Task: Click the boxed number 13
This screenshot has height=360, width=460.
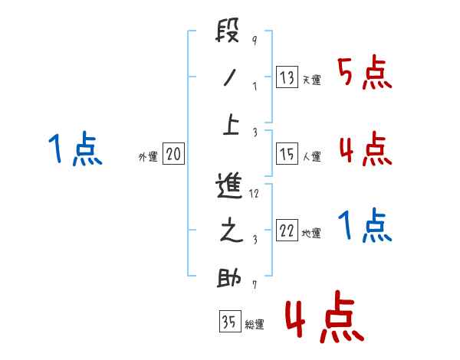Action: (287, 77)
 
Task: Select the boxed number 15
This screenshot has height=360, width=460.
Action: (287, 155)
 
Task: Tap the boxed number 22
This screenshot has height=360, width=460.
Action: (287, 231)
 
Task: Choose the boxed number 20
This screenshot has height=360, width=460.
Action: (173, 155)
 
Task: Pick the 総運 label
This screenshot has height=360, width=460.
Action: (255, 324)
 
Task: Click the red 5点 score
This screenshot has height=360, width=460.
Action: (365, 74)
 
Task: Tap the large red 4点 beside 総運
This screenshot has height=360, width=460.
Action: (323, 316)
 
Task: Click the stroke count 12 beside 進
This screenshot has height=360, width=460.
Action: (255, 194)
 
